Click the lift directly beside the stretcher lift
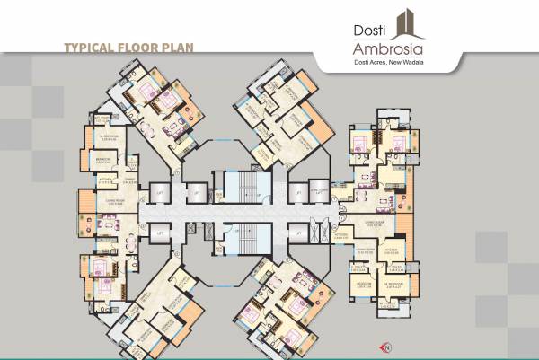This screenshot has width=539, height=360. point(296,190)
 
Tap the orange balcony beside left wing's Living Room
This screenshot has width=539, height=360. point(83,203)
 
